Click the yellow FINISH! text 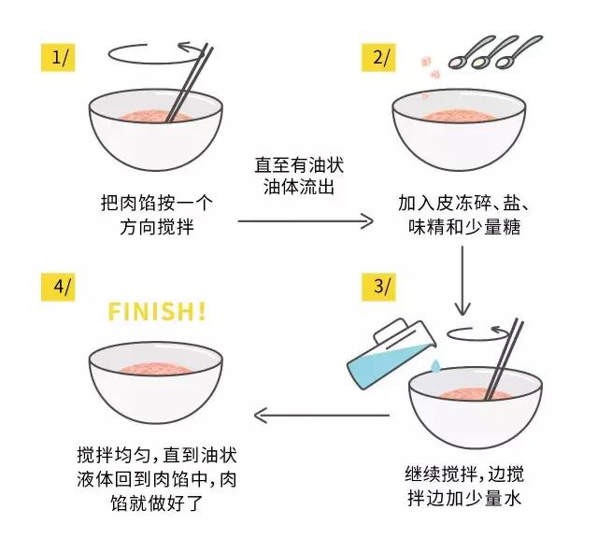(156, 311)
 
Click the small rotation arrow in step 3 (481, 332)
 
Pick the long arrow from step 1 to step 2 (305, 221)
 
